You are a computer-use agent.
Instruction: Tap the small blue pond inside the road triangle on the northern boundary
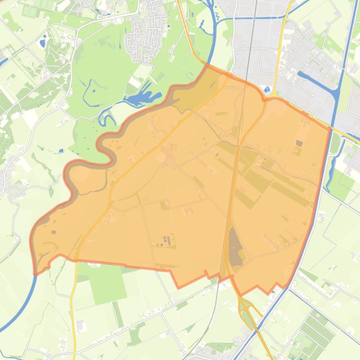click(267, 89)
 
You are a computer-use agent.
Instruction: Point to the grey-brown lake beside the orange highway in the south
click(235, 245)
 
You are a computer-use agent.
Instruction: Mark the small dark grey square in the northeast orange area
click(299, 143)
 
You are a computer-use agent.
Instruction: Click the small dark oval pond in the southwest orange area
click(54, 232)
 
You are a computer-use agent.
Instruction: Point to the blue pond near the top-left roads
click(43, 43)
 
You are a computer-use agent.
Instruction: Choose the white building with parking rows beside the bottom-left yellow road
click(80, 324)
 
